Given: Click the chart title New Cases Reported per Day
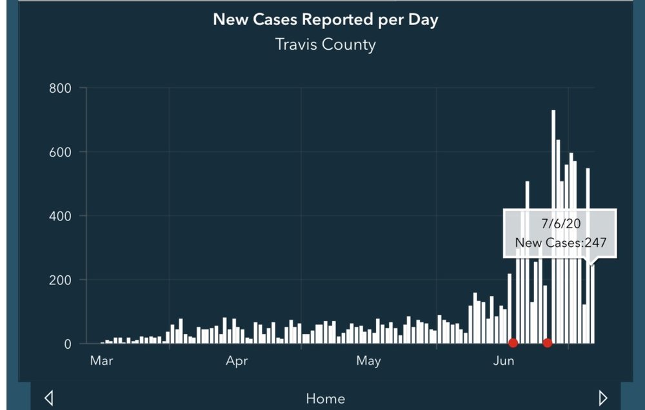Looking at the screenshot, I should pyautogui.click(x=325, y=19).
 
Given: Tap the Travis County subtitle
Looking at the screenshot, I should pyautogui.click(x=325, y=44).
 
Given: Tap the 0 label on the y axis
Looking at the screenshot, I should pyautogui.click(x=67, y=344).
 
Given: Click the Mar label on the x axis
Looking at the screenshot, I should pyautogui.click(x=101, y=361).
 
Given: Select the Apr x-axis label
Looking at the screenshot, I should pyautogui.click(x=237, y=361).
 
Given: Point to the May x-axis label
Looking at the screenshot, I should pyautogui.click(x=368, y=361).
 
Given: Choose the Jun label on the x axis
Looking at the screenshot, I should pyautogui.click(x=504, y=361).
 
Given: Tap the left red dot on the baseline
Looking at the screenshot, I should pyautogui.click(x=513, y=343).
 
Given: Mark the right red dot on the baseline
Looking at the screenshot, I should pyautogui.click(x=548, y=343).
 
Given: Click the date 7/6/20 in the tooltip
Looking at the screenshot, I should pyautogui.click(x=560, y=223).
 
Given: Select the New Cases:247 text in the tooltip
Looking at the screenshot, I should pyautogui.click(x=560, y=244).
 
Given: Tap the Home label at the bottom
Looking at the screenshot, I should pyautogui.click(x=325, y=398).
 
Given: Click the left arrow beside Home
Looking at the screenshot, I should pyautogui.click(x=49, y=398).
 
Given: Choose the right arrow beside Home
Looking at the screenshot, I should pyautogui.click(x=603, y=398).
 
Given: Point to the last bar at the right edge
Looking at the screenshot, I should pyautogui.click(x=592, y=303).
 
